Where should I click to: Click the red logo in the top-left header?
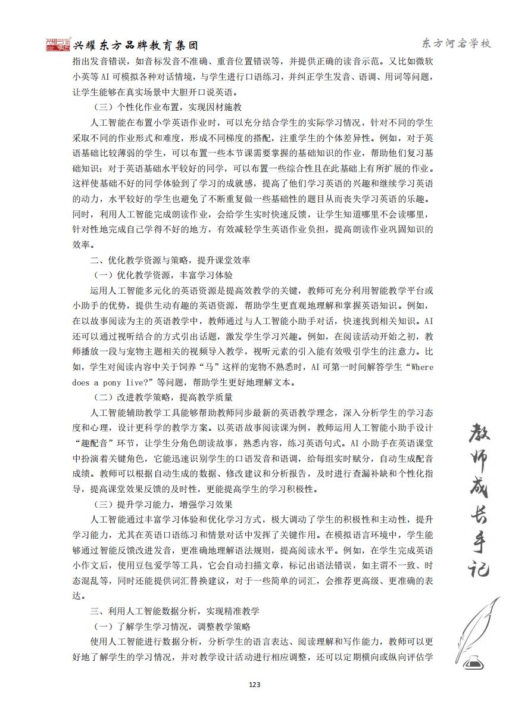pos(58,45)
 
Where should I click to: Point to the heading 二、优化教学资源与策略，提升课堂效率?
pos(170,260)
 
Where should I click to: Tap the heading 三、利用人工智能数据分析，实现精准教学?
pos(174,611)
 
